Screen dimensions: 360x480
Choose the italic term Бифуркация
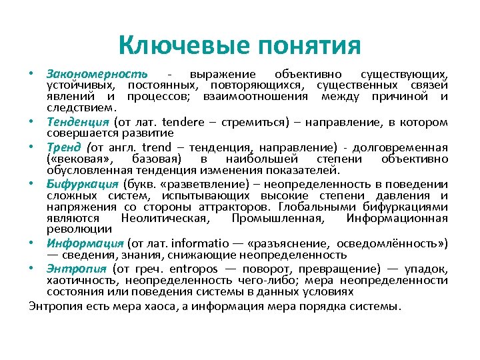(x=83, y=183)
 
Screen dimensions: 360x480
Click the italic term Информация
(x=85, y=243)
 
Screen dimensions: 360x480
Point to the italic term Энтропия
(x=77, y=269)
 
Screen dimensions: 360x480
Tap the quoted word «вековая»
(x=79, y=159)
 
